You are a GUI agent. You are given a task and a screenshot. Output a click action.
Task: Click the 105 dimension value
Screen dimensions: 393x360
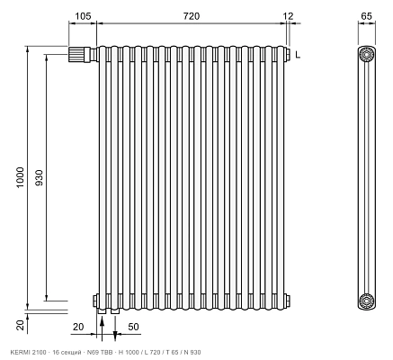(x=83, y=16)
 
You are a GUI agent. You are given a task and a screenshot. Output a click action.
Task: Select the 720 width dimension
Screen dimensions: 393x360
(x=192, y=16)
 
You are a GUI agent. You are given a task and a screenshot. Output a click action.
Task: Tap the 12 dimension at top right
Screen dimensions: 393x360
(x=288, y=16)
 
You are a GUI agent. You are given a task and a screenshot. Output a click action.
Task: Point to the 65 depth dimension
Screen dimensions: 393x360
(x=366, y=16)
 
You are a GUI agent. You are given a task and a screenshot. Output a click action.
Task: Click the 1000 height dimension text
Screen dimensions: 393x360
(x=20, y=177)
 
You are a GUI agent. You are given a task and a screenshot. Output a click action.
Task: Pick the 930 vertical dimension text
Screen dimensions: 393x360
(x=40, y=177)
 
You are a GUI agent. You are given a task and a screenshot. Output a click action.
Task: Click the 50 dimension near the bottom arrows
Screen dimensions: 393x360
(x=133, y=327)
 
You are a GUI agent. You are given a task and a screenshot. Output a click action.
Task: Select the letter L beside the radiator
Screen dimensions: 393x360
(x=298, y=55)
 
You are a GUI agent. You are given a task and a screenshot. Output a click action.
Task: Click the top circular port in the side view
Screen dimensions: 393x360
(x=366, y=55)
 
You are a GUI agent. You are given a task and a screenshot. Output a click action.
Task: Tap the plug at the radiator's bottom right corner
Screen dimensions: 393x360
(x=287, y=301)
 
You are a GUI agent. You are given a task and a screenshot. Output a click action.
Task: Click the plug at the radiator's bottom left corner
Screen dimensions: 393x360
(x=95, y=301)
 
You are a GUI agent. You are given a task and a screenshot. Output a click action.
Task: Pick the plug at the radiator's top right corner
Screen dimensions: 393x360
(x=287, y=54)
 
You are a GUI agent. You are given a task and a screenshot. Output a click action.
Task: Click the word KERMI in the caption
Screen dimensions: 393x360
(x=17, y=352)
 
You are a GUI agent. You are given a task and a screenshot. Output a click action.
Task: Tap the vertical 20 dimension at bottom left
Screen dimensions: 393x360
(x=20, y=325)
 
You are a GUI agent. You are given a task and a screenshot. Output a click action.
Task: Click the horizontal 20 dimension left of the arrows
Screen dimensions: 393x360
(x=78, y=327)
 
